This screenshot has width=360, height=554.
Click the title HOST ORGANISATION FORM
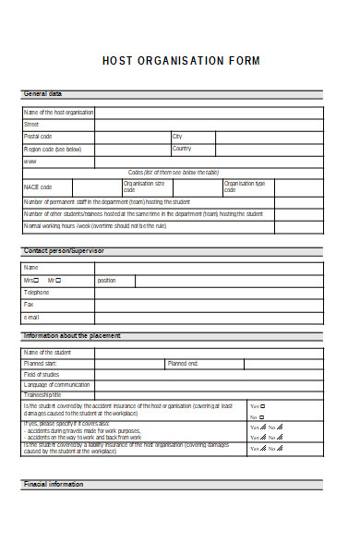(181, 61)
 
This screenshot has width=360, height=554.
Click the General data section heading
(42, 94)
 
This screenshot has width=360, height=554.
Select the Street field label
(31, 124)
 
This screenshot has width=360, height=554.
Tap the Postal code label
(38, 136)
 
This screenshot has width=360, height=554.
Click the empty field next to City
(269, 136)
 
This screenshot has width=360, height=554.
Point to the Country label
(182, 148)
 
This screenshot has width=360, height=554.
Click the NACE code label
(38, 187)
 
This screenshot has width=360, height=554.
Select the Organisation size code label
(144, 187)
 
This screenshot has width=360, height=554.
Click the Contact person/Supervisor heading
(64, 250)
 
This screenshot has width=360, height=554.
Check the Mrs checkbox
(39, 280)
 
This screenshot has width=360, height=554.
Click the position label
(106, 280)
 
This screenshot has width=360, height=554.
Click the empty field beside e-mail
(209, 317)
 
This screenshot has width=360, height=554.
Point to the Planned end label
(182, 364)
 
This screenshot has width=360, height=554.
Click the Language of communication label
(56, 384)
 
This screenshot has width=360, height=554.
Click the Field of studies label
(42, 374)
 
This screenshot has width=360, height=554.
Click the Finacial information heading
(53, 484)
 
